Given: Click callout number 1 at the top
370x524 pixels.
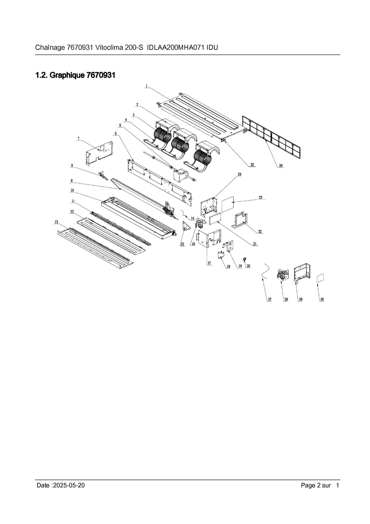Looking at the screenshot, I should pos(147,86).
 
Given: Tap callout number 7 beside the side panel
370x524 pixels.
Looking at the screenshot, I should pos(78,138).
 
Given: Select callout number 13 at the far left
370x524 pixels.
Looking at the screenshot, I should pos(56,222).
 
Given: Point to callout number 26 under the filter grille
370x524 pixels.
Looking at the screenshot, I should pos(281,166).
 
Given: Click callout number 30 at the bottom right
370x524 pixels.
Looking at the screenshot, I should pos(322,299).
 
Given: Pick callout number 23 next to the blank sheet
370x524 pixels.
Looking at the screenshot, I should pos(261,197).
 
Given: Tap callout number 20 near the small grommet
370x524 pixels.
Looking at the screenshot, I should pos(249,266).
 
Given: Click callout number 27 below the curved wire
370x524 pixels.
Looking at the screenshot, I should pos(269,299).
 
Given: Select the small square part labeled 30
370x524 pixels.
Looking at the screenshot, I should pos(320,278).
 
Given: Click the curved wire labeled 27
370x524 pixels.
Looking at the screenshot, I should pos(265,271).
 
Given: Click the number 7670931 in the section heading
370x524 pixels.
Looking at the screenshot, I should pos(101,75).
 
